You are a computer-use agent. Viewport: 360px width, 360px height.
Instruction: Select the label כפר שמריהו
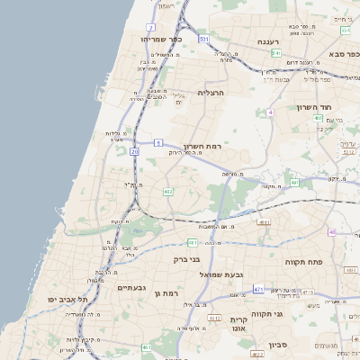162,40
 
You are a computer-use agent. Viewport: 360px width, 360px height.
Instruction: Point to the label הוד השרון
316,106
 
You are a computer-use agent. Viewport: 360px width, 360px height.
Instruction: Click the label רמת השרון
202,146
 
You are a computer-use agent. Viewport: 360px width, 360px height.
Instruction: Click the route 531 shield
204,40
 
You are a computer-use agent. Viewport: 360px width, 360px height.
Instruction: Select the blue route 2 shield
149,28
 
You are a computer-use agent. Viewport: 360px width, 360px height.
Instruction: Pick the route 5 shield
157,142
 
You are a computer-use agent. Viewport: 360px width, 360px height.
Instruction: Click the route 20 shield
135,153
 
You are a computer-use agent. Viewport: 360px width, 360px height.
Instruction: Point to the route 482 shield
168,192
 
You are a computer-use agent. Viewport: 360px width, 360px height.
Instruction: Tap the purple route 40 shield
332,232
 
